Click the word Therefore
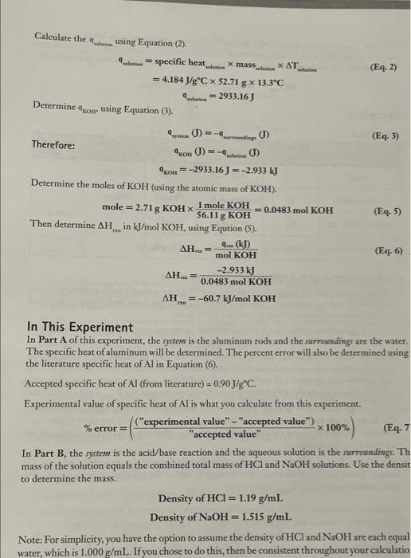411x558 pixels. coord(53,145)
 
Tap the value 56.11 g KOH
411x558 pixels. coord(223,216)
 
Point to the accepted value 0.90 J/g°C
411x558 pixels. coord(236,383)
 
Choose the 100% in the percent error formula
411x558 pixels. coord(337,427)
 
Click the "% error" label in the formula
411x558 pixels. coord(104,428)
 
